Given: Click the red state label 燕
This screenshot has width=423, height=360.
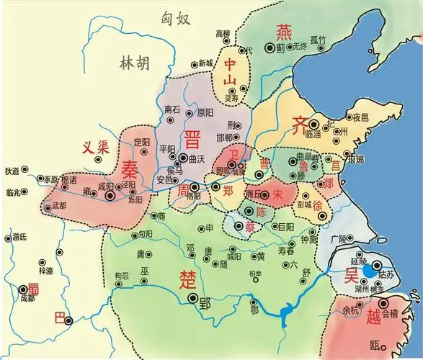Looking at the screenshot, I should coord(282,31).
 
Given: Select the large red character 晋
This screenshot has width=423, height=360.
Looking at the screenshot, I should coord(192,138).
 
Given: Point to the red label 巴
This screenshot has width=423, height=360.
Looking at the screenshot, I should coord(61,318).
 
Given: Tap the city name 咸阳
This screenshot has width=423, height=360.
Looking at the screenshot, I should coord(106,186).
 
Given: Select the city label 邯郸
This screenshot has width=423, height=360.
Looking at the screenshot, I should coord(226,137).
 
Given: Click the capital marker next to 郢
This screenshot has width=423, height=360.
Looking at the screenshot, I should coord(192,297).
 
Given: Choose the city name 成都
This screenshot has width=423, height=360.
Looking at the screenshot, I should coord(27,297).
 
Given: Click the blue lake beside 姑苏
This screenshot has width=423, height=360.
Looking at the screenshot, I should coord(368,271).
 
